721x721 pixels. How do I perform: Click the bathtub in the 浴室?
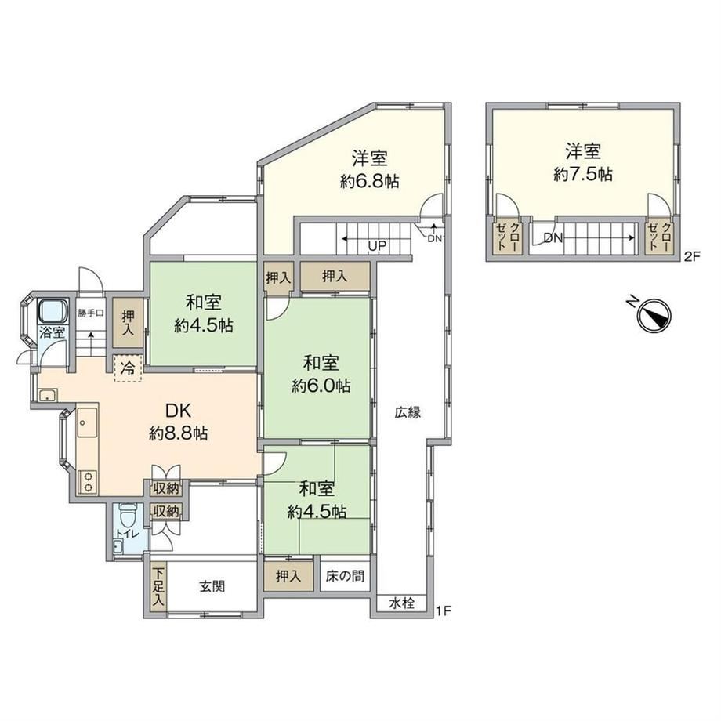52,311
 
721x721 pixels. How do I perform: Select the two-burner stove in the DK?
87,482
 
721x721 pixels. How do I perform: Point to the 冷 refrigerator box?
128,368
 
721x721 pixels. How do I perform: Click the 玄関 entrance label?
212,586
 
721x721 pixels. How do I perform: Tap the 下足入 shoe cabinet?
158,586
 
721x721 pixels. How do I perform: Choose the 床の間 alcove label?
345,576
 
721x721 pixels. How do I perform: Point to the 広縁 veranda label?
408,412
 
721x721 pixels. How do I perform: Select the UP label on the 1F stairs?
377,245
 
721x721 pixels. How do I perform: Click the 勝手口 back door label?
91,313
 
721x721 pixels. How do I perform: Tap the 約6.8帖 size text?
369,182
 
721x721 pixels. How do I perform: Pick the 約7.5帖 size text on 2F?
582,175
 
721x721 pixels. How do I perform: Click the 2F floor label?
691,257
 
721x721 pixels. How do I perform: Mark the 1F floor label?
444,611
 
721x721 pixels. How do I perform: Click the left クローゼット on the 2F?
507,237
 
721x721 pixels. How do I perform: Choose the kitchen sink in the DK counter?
87,422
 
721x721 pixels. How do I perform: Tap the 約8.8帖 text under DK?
179,433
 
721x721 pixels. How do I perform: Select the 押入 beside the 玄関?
288,576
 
